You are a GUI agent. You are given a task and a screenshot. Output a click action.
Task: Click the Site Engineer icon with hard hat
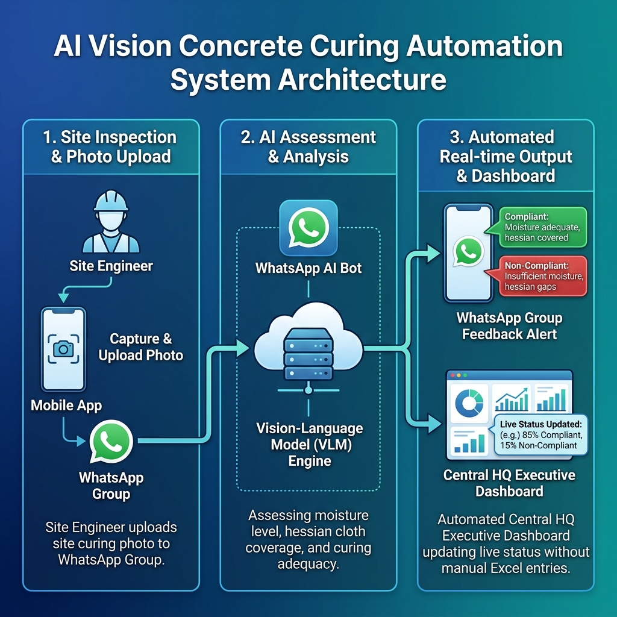coord(111,222)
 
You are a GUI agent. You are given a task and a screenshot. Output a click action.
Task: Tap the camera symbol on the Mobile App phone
coord(63,349)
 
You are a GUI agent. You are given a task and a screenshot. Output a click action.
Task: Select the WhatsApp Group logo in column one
coord(111,441)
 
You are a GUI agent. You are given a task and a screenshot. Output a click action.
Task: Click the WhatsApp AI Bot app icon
coord(308,228)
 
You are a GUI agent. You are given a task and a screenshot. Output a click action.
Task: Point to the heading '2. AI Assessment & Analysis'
coord(308,147)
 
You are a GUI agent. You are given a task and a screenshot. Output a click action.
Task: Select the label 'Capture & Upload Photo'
coord(141,346)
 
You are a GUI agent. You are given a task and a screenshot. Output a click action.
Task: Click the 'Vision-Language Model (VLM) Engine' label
coord(309,444)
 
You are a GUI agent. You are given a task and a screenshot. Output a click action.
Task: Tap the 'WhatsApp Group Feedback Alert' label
coord(509,326)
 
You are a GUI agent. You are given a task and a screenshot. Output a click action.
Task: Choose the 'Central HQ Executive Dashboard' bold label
coord(509,483)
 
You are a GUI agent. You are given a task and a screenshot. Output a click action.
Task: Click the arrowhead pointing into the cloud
coord(242,348)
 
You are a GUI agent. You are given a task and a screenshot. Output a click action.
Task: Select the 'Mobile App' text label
coord(66,406)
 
